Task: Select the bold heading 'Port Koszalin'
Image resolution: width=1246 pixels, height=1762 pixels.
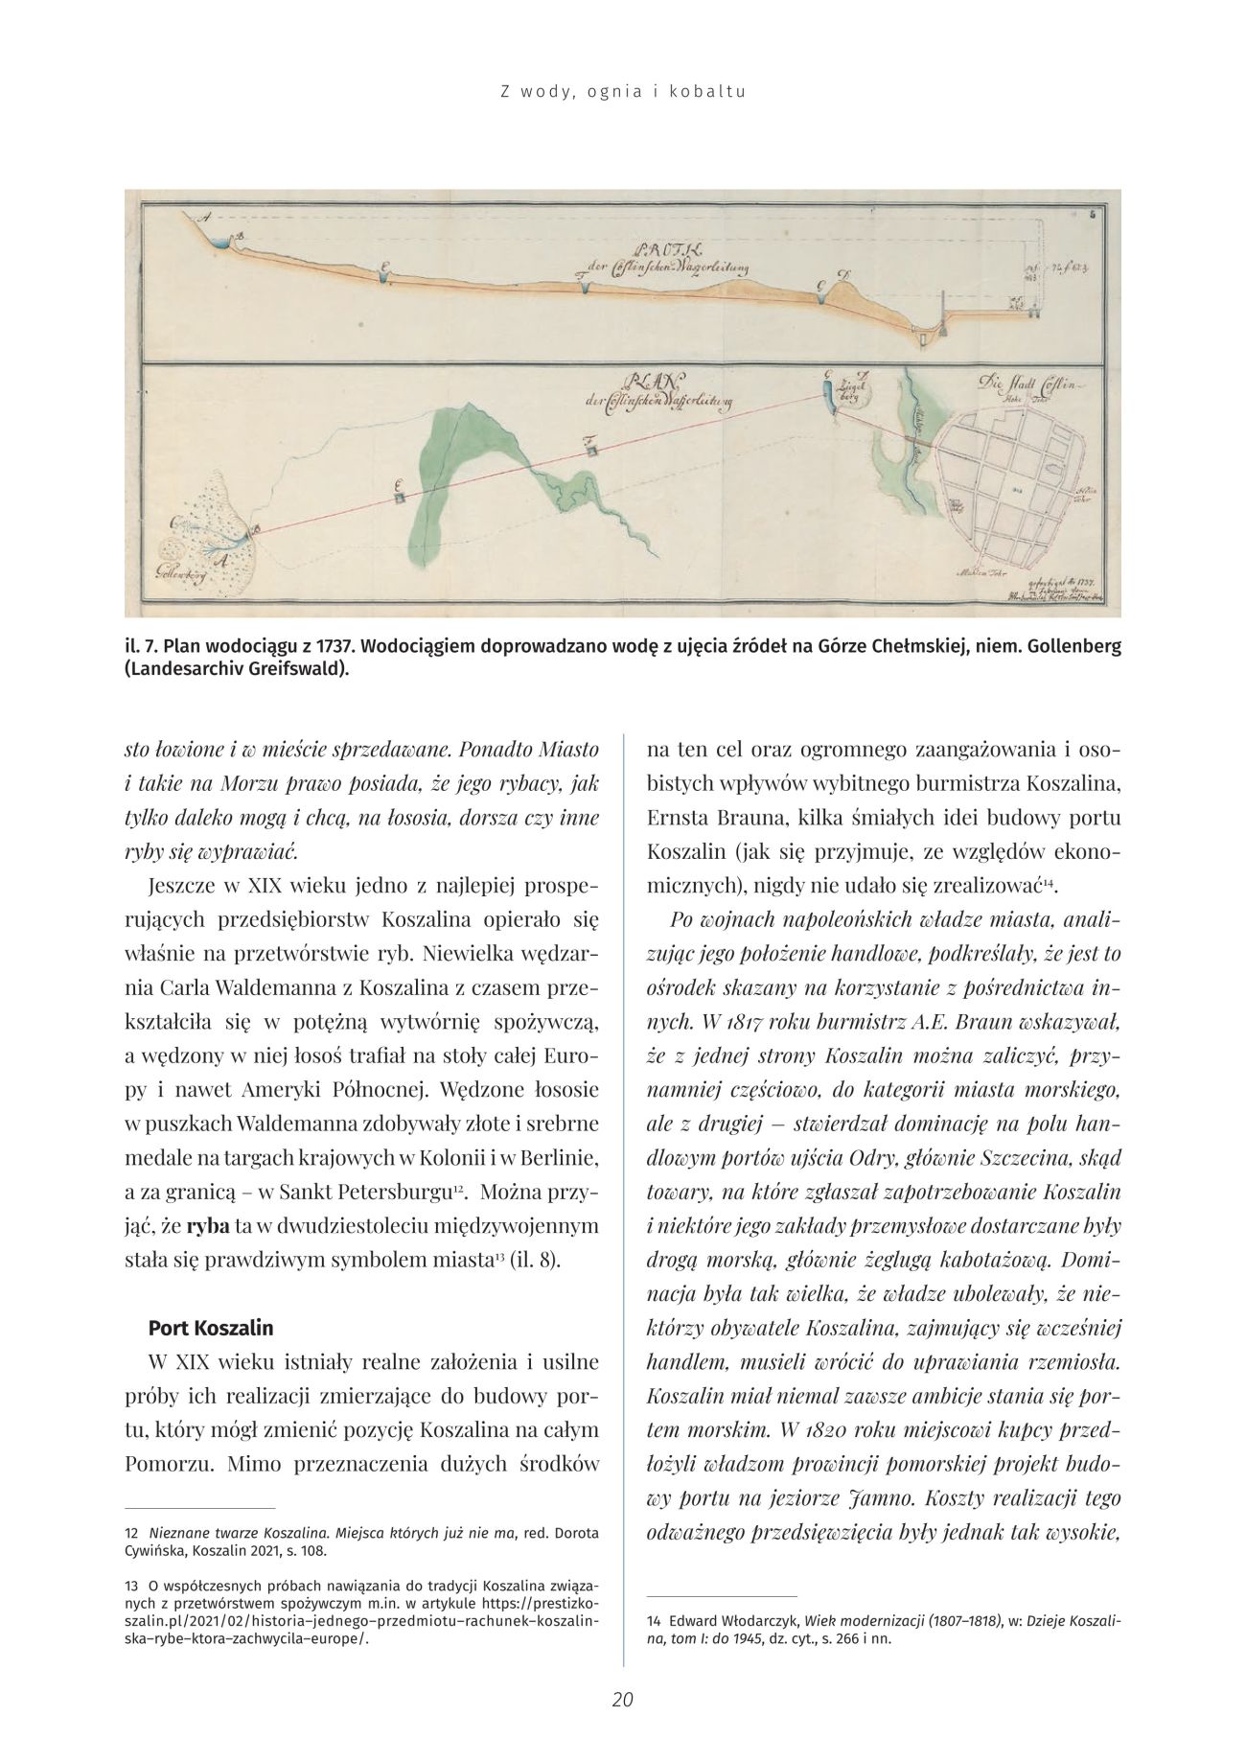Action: tap(211, 1328)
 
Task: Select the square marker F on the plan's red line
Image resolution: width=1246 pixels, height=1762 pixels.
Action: tap(592, 449)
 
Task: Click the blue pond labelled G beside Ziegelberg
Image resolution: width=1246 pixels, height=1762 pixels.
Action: tap(828, 396)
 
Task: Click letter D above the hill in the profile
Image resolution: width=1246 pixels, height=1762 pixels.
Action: tap(842, 276)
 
